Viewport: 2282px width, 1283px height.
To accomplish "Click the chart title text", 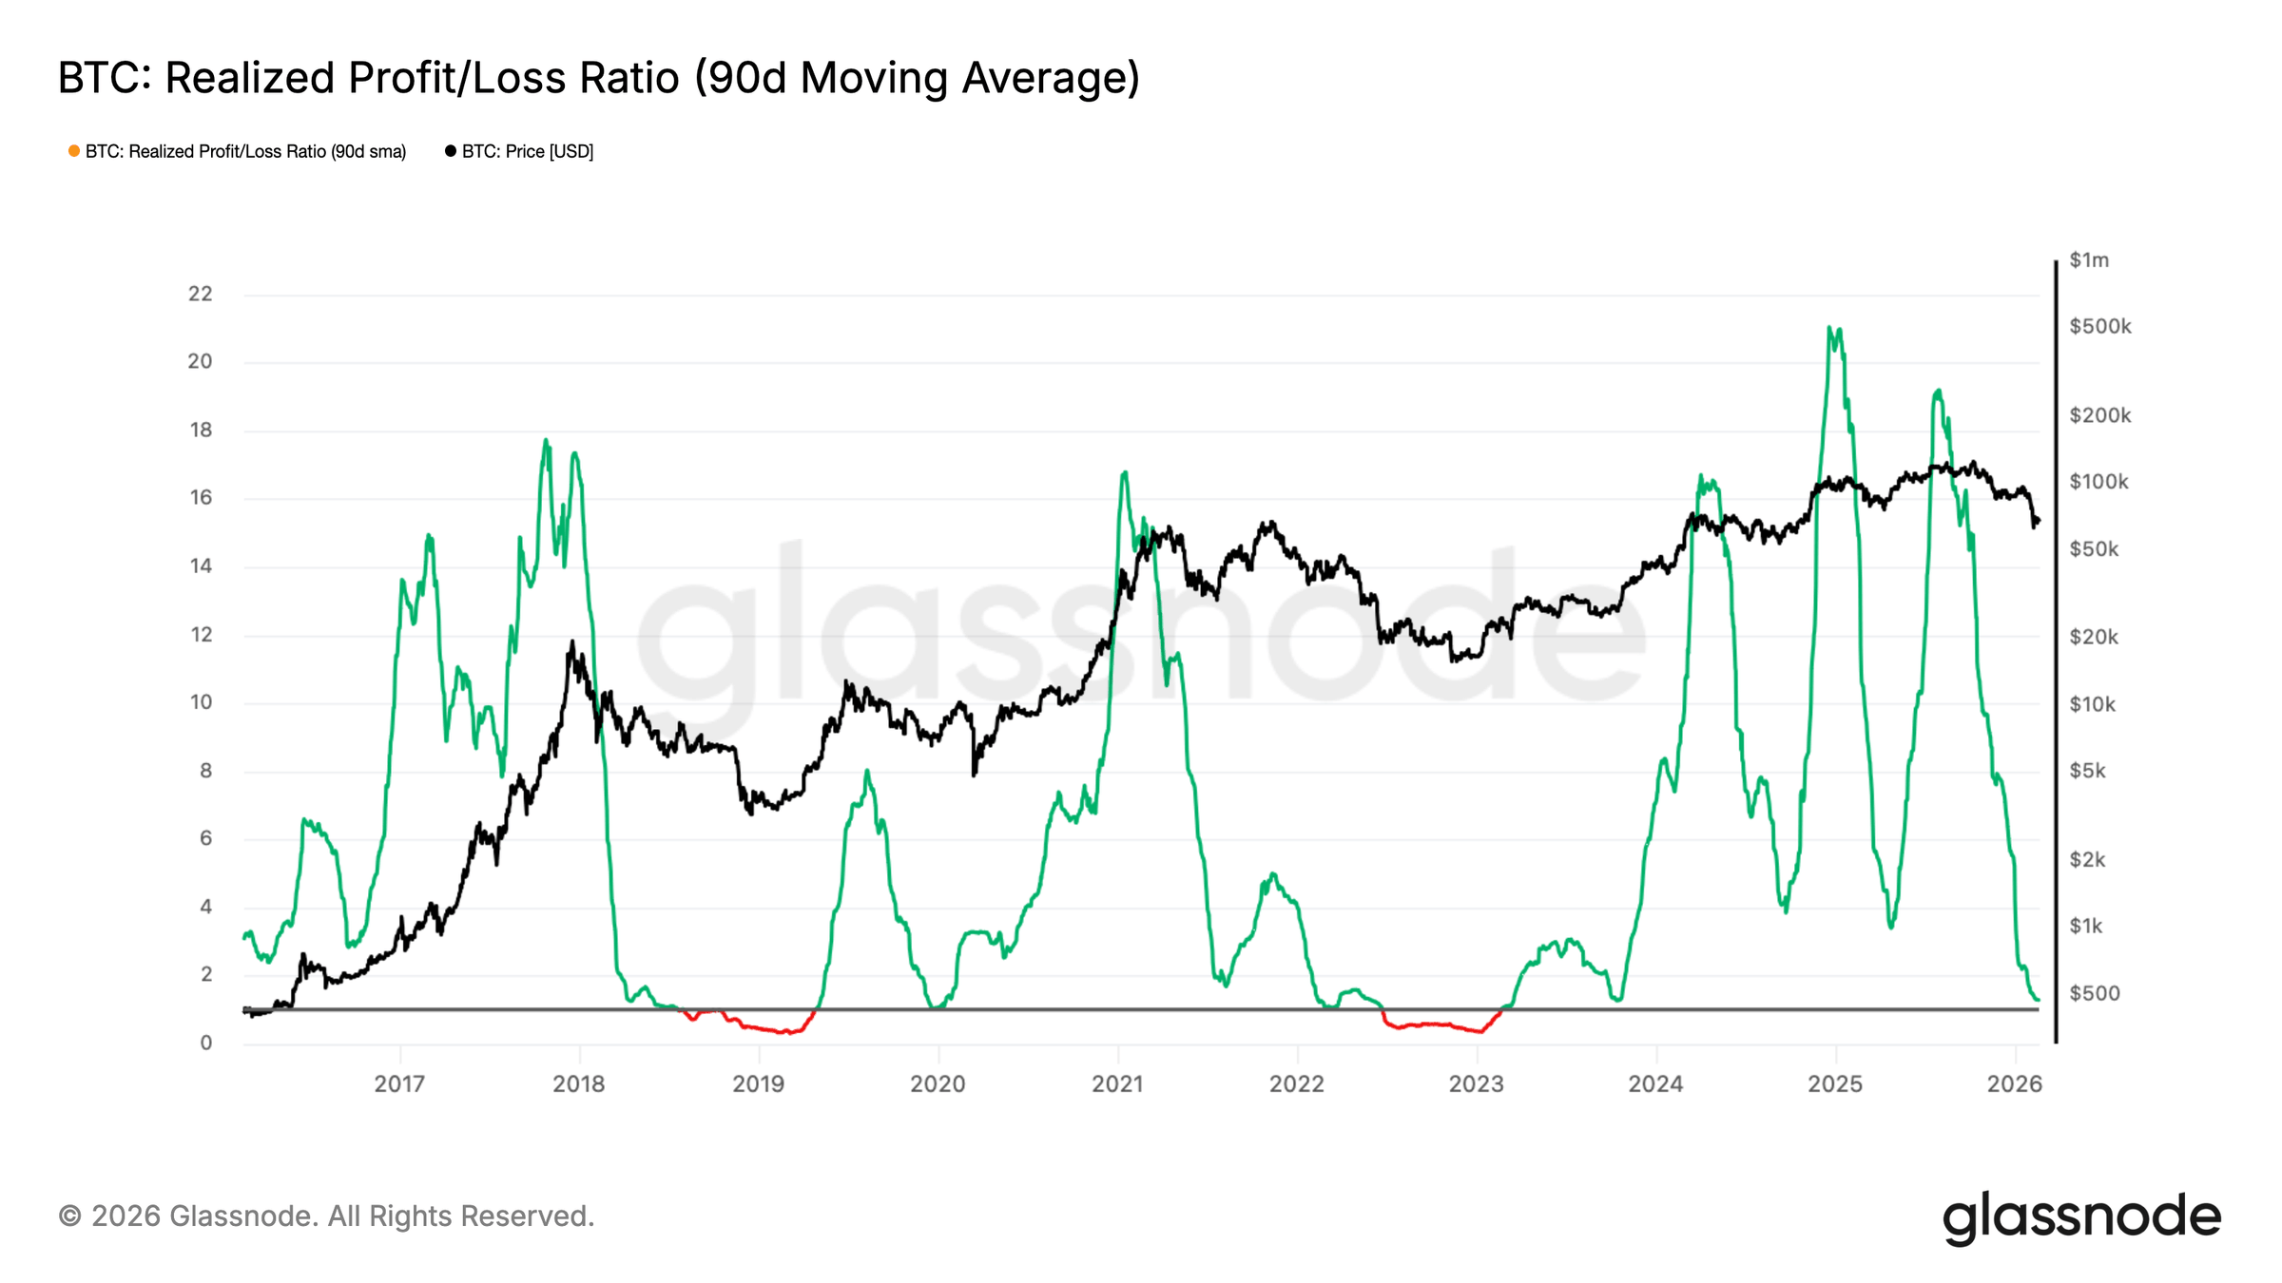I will tap(598, 78).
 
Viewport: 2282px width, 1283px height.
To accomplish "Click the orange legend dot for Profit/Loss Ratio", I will tap(74, 151).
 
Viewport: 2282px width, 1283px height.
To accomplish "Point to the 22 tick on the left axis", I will tap(200, 294).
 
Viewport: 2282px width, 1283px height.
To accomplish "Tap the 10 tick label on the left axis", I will tap(201, 702).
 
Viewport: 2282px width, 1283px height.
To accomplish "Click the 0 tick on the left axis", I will tap(205, 1043).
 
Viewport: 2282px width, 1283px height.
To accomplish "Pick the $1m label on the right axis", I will tap(2089, 260).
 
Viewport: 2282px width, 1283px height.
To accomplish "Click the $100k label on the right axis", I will tap(2098, 482).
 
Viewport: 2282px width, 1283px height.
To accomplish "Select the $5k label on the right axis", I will tap(2087, 771).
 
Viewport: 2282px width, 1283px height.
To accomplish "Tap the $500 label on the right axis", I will tap(2095, 993).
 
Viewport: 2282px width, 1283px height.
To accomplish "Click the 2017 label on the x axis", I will tap(399, 1083).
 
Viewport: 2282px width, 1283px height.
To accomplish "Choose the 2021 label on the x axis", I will tap(1117, 1083).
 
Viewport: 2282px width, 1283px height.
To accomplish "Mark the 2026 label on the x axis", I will tap(2014, 1083).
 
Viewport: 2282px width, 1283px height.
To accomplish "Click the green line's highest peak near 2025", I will tap(1829, 329).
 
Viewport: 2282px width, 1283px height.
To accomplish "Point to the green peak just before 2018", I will tap(546, 440).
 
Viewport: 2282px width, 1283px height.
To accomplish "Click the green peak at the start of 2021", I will tap(1125, 472).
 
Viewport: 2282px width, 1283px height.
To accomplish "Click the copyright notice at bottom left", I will tap(326, 1216).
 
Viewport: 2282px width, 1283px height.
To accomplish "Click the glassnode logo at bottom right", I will tap(2080, 1217).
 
